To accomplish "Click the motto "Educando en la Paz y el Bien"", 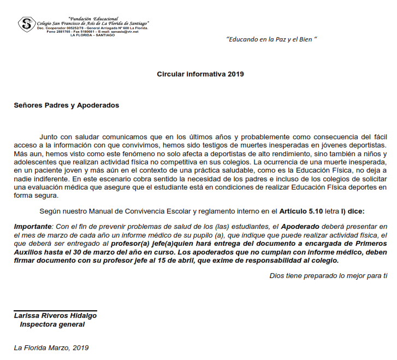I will [x=271, y=40].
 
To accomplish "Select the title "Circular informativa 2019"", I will [x=200, y=74].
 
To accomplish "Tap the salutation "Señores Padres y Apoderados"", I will [x=66, y=105].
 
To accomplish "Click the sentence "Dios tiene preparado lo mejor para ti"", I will [x=328, y=275].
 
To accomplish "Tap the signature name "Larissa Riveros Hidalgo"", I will [x=55, y=316].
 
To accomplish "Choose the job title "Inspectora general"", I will [x=52, y=324].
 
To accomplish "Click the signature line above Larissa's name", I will [x=55, y=311].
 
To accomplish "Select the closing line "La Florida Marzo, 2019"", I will [x=51, y=347].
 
